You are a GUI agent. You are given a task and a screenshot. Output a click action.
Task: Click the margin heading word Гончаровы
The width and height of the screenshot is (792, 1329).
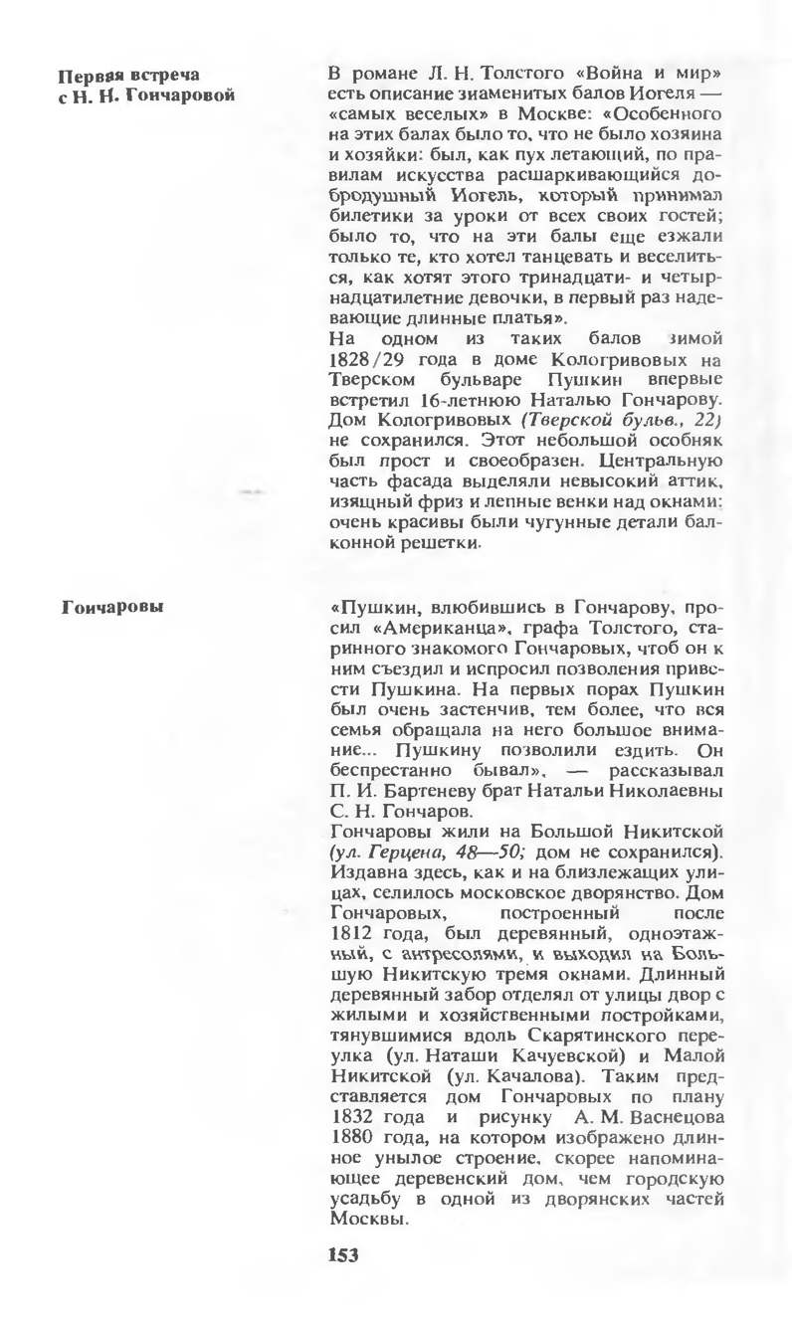coord(111,606)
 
